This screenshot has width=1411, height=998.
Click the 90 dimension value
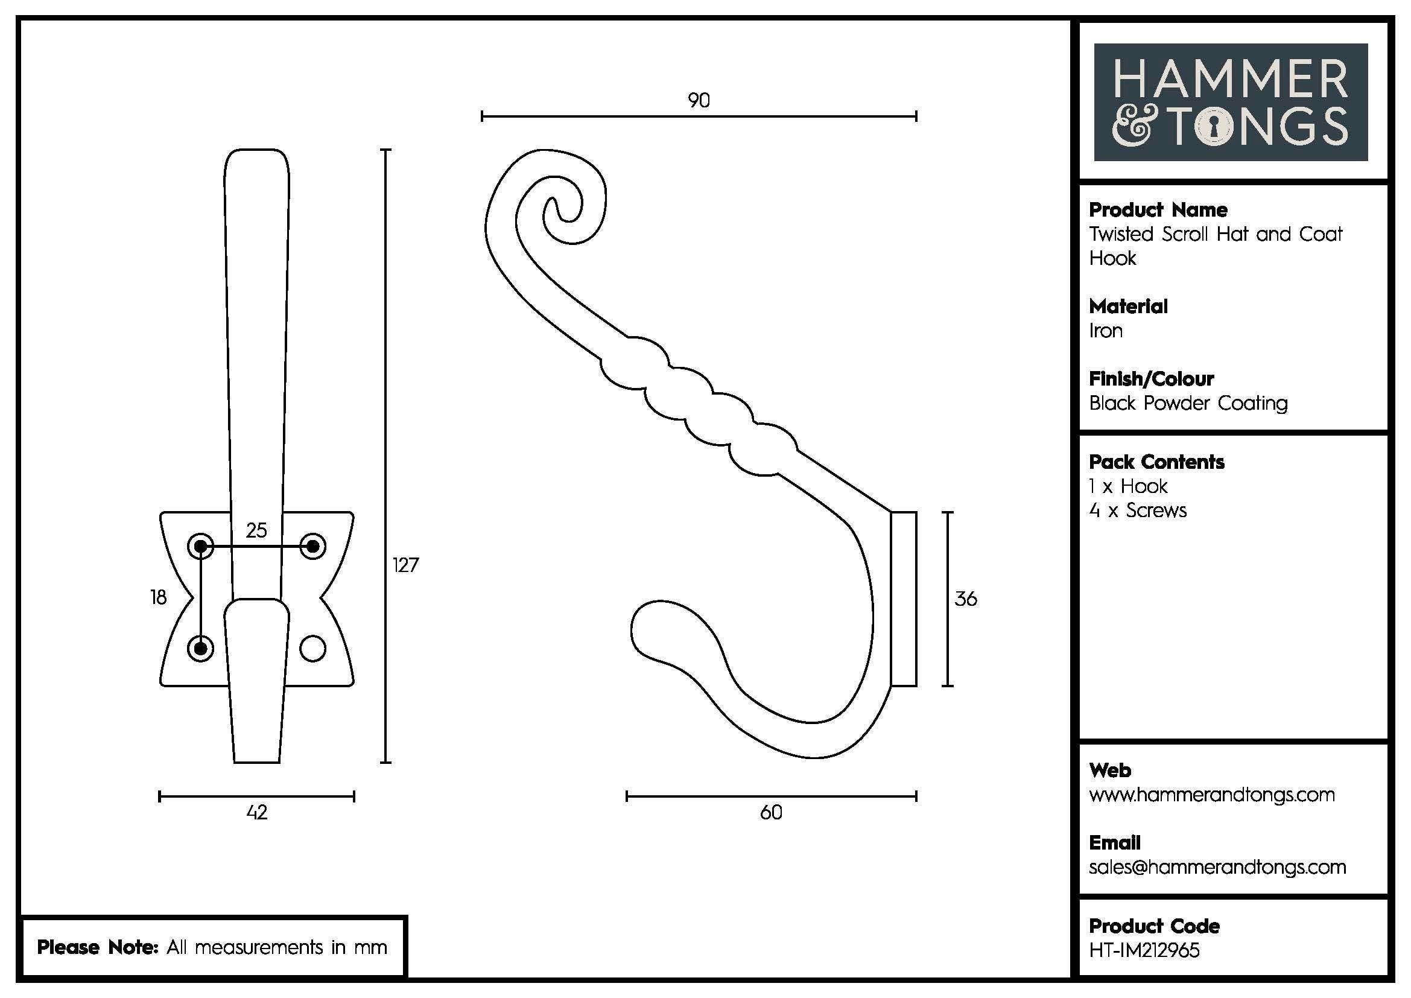pos(699,100)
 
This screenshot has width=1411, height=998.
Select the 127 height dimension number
pos(405,565)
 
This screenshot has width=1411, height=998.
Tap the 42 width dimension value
pos(257,812)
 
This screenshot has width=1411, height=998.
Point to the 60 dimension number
pos(772,812)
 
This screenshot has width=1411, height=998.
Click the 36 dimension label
pos(965,599)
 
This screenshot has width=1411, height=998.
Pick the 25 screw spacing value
pos(256,530)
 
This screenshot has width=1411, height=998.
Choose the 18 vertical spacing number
pos(159,597)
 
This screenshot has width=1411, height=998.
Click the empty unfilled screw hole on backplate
pos(313,648)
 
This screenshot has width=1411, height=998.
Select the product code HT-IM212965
pos(1144,950)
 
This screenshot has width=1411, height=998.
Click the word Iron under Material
pos(1106,331)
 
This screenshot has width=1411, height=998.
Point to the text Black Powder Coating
pos(1188,403)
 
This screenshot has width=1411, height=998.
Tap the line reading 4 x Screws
pos(1138,510)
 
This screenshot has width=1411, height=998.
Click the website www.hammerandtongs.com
pos(1211,795)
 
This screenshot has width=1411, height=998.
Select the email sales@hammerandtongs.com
pos(1217,867)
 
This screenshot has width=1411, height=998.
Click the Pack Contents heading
pos(1156,462)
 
